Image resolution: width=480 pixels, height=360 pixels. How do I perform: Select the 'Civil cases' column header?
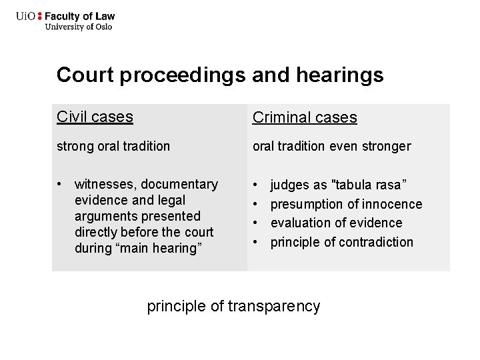pos(95,117)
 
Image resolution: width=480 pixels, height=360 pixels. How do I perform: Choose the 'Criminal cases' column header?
pos(304,118)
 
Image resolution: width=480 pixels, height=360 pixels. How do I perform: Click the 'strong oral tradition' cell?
pos(113,146)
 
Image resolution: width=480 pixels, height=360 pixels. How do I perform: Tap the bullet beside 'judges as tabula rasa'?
pos(256,184)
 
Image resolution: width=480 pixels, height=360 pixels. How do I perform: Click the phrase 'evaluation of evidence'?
pos(336,223)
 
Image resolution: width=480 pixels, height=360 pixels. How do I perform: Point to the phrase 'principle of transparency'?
pos(233,306)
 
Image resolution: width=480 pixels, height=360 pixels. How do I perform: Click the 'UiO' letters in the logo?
pos(26,16)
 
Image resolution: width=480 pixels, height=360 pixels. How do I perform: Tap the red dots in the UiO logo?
pos(39,16)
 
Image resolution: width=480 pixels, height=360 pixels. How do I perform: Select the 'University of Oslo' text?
pos(78,27)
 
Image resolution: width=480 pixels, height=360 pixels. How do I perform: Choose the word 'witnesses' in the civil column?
pos(103,184)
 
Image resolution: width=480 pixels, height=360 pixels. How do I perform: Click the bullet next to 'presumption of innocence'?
pos(256,203)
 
